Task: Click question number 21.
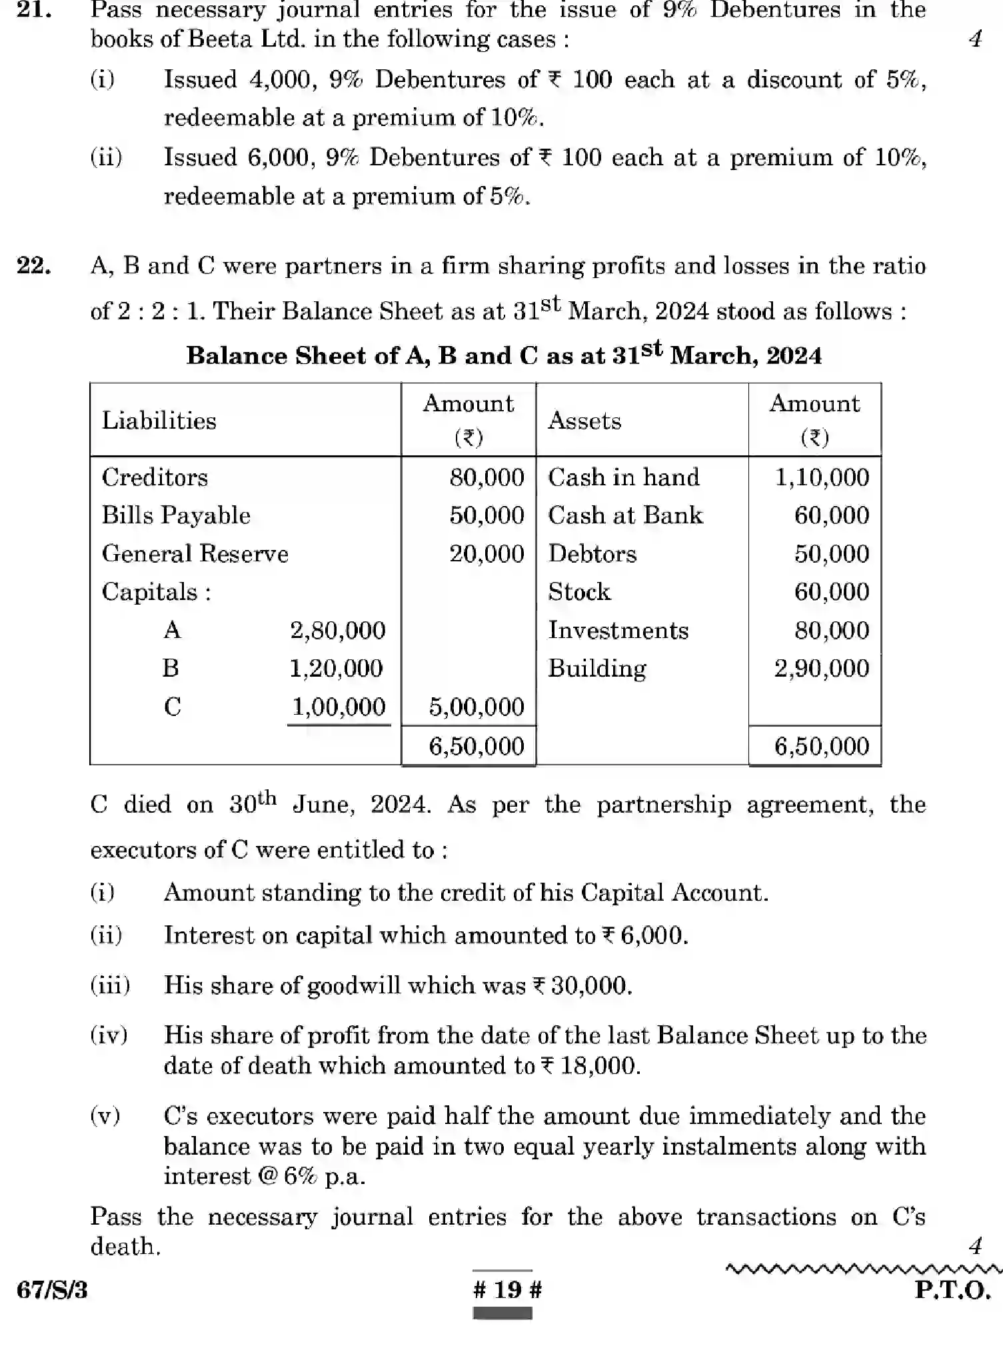pos(34,10)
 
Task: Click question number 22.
pos(34,266)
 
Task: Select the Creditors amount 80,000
pos(487,477)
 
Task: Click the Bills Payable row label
pos(176,515)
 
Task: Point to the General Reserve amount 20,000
pos(487,554)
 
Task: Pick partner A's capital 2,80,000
pos(337,631)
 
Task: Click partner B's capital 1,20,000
pos(336,669)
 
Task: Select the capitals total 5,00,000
pos(476,707)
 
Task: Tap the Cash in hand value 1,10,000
pos(822,477)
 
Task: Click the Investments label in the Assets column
pos(618,631)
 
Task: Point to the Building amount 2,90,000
pos(822,669)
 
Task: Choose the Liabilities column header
pos(159,421)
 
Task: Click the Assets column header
pos(584,421)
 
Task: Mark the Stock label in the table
pos(578,592)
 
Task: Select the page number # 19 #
pos(507,1289)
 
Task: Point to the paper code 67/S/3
pos(52,1290)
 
